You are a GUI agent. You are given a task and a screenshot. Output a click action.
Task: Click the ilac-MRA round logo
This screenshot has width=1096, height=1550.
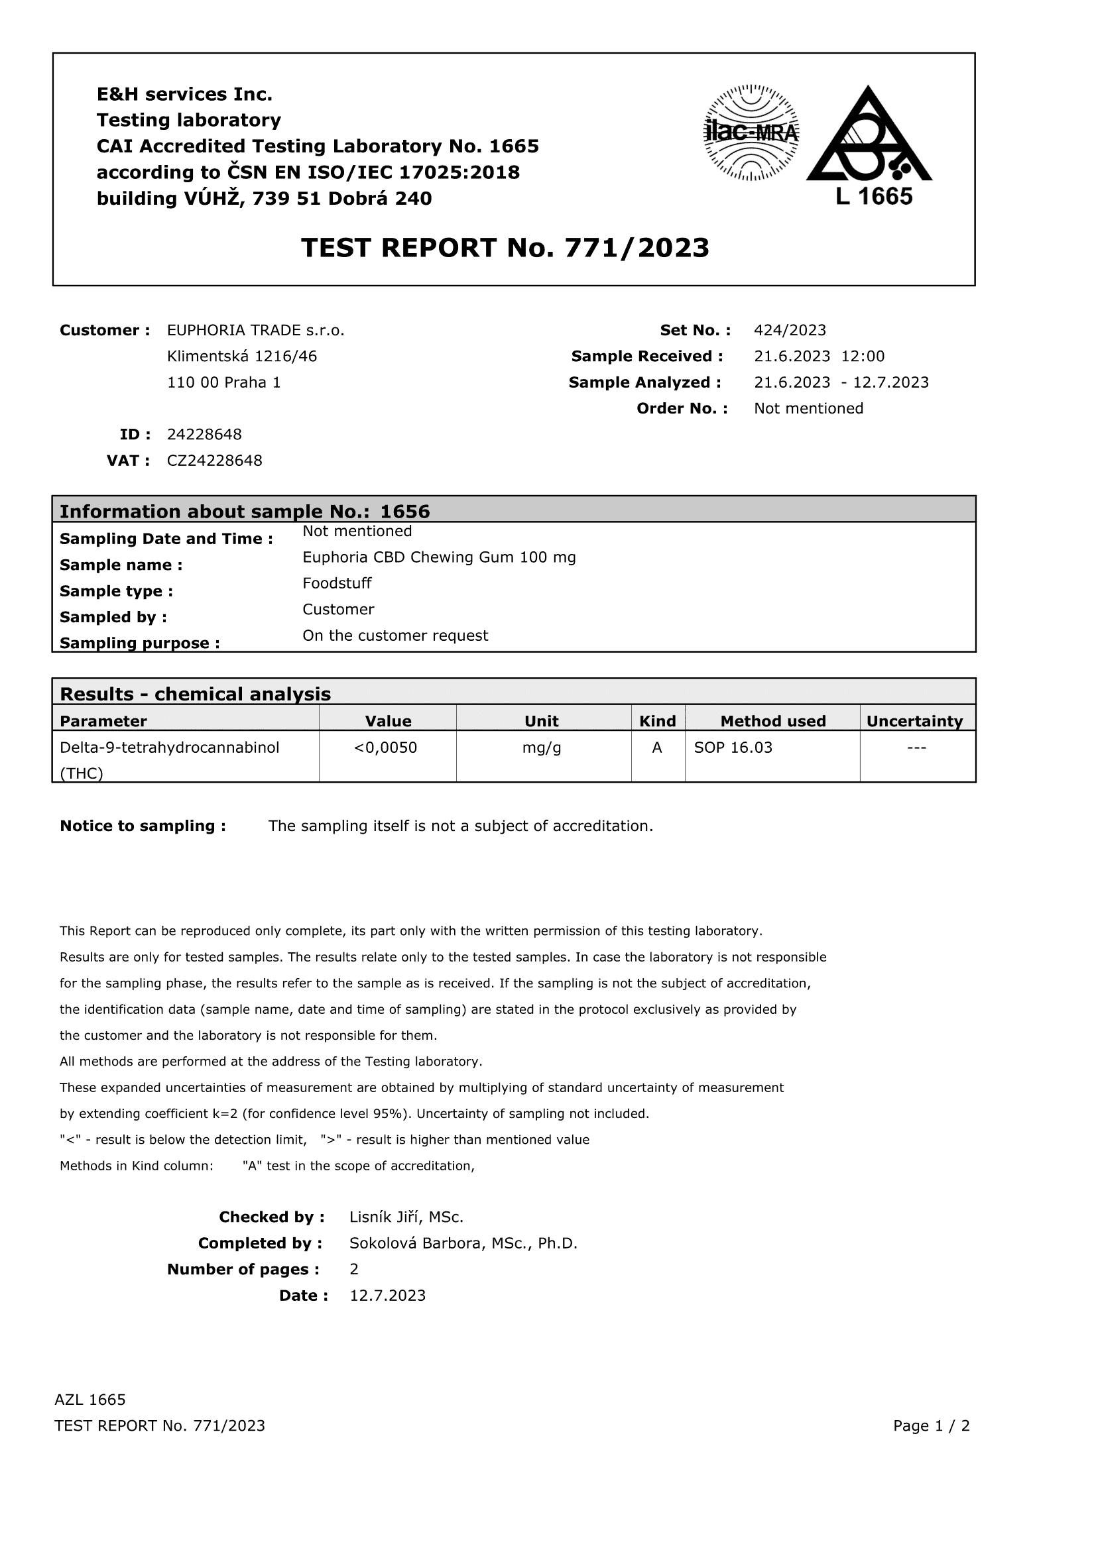click(751, 133)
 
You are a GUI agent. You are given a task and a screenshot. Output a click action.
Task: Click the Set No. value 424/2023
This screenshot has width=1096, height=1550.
click(790, 330)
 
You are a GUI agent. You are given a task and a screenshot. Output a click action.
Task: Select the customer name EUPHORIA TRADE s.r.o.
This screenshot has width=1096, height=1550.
click(255, 330)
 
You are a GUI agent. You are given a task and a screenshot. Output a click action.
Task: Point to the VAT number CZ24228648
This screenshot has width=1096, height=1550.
click(214, 461)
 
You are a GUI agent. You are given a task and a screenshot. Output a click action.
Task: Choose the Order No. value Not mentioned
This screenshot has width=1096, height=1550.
click(808, 408)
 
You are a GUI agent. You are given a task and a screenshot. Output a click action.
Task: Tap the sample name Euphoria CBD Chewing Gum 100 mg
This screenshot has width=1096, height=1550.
click(439, 557)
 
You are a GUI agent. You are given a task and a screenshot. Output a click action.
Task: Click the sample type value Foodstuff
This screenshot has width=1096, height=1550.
click(336, 583)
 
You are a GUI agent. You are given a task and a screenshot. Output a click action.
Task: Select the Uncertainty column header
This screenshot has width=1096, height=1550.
click(914, 721)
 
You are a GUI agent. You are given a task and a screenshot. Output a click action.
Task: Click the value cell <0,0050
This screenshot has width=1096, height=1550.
click(386, 747)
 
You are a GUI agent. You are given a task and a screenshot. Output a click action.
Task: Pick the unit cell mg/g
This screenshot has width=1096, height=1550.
click(542, 747)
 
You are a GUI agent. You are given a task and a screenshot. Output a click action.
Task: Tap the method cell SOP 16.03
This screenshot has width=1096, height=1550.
click(733, 747)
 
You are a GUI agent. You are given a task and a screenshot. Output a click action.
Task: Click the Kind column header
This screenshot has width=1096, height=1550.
click(657, 721)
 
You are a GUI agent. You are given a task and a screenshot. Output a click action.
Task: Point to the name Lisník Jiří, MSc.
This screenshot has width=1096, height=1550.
click(406, 1217)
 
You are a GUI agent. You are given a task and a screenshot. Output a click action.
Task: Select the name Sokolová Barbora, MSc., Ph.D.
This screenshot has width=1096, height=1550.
click(463, 1243)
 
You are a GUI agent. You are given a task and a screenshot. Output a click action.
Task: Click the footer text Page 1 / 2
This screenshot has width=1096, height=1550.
click(930, 1426)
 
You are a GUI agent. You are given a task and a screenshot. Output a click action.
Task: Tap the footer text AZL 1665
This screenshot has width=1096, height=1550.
click(90, 1400)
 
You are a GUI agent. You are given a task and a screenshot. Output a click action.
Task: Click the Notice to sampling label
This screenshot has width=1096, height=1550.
click(143, 826)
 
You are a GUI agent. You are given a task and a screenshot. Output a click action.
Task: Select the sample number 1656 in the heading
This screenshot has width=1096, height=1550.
click(404, 511)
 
